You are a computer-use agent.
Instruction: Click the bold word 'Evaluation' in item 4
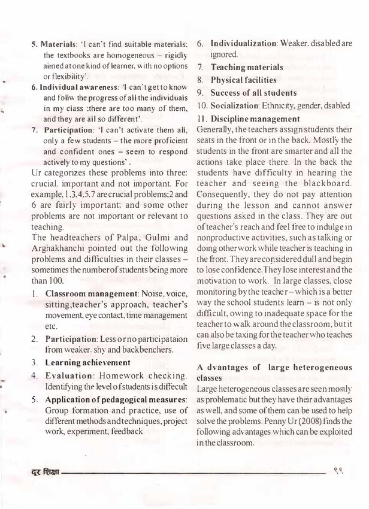(73, 375)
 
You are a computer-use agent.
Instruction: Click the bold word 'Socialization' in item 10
(237, 106)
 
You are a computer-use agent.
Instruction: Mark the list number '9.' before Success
(201, 93)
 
